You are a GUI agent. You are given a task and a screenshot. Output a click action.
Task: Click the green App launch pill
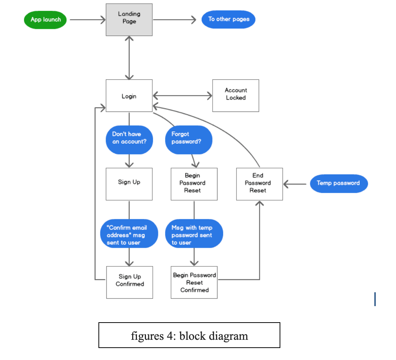click(x=45, y=20)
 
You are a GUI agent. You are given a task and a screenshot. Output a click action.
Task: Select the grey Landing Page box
click(x=129, y=20)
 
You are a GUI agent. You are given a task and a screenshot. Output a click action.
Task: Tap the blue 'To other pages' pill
click(x=228, y=19)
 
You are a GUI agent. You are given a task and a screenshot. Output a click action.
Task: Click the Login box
click(x=129, y=96)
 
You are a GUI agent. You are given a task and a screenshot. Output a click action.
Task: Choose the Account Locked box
click(x=235, y=95)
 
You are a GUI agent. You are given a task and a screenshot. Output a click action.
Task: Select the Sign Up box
click(x=129, y=184)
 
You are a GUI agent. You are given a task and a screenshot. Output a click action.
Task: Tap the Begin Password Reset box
click(x=194, y=184)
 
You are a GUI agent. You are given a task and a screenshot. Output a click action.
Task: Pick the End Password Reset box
click(x=259, y=184)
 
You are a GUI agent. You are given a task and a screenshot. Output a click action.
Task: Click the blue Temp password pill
click(x=339, y=183)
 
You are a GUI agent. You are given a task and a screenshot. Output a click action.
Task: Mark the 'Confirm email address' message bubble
click(x=129, y=234)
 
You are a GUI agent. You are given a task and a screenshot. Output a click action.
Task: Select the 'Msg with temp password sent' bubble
click(x=194, y=234)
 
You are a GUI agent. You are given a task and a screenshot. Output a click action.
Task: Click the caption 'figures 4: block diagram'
click(x=189, y=335)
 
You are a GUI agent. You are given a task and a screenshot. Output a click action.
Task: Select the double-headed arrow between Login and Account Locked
click(x=182, y=96)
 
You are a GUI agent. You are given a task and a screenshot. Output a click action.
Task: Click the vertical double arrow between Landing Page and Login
click(x=129, y=58)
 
